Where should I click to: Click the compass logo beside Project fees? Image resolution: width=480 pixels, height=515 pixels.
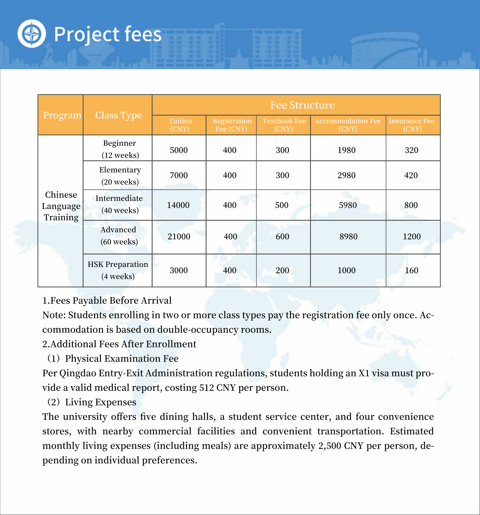32,34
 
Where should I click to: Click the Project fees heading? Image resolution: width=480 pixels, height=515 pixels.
108,34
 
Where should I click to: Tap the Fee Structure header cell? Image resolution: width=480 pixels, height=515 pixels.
302,105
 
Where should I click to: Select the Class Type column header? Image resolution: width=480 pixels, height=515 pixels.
118,115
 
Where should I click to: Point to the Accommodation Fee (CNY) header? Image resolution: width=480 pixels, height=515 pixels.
348,125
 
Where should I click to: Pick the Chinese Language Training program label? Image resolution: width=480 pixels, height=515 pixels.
61,206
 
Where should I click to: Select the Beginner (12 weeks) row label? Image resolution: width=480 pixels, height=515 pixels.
120,149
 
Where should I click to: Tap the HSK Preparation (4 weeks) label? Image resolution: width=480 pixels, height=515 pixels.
118,270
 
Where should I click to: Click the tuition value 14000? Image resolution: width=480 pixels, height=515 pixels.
178,205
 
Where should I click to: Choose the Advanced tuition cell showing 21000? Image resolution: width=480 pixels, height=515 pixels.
179,236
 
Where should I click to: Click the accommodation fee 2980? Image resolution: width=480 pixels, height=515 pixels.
346,175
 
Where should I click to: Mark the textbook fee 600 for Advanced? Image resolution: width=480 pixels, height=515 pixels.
282,236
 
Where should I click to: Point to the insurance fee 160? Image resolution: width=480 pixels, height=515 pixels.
411,270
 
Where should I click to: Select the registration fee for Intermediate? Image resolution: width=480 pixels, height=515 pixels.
229,205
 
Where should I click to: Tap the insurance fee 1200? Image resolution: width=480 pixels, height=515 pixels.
412,236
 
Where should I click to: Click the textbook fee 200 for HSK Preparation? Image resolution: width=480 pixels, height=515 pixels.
282,270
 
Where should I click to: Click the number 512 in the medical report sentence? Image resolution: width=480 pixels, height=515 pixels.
207,388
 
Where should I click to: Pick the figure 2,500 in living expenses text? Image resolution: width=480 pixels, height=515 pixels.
329,446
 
